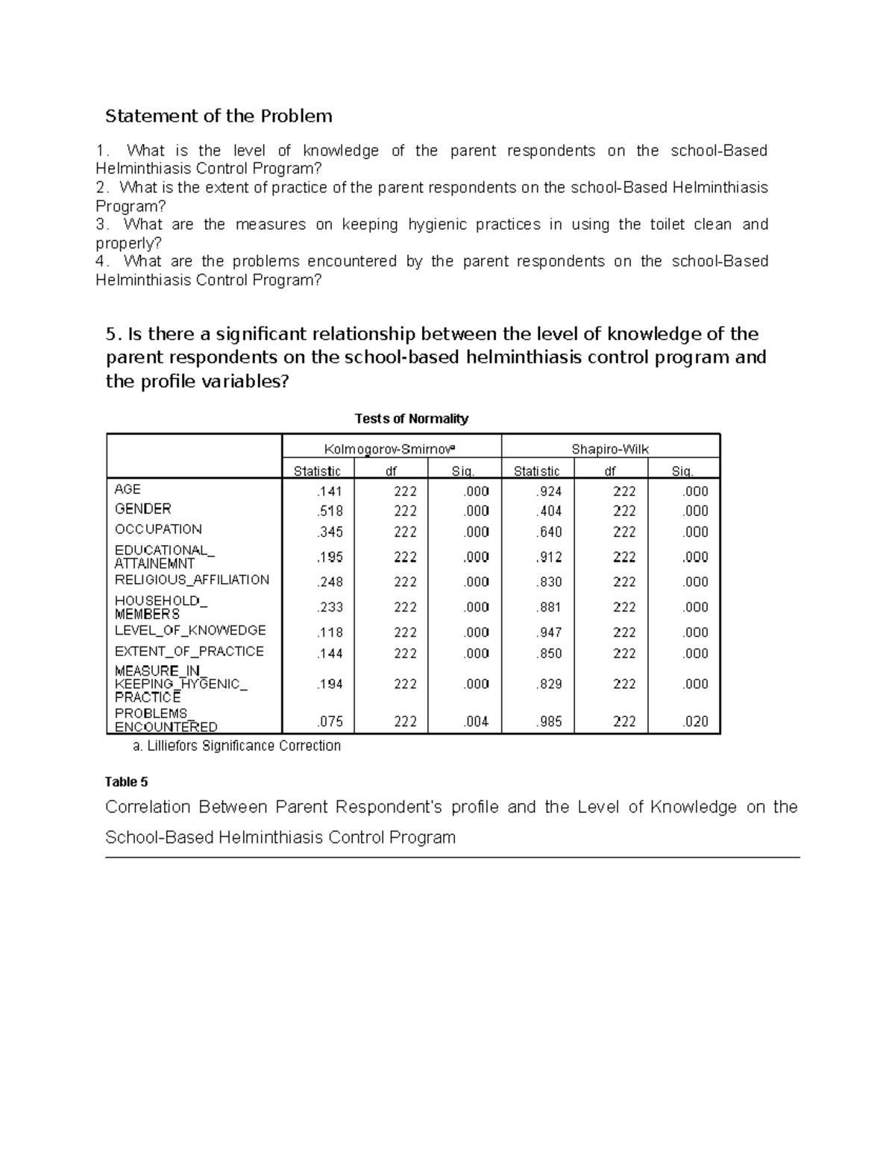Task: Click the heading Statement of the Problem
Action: tap(219, 116)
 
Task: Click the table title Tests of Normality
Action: tap(412, 419)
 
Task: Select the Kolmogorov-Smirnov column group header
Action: tap(391, 449)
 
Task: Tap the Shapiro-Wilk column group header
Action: tap(610, 449)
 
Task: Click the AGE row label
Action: tap(128, 489)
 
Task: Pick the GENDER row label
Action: tap(142, 509)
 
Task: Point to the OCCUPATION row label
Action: tap(158, 529)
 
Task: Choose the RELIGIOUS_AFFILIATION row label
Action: tap(192, 580)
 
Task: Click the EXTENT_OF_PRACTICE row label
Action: tap(189, 651)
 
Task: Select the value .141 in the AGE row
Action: tap(330, 491)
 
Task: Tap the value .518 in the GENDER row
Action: tap(330, 511)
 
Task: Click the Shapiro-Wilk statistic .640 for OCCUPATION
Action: tap(549, 532)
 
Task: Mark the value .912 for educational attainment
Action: tap(549, 557)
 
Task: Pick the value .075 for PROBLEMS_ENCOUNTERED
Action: tap(330, 722)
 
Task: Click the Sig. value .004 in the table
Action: tap(476, 722)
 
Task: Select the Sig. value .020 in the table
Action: tap(695, 722)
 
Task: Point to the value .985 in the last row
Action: tap(549, 722)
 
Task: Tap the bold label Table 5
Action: tap(127, 782)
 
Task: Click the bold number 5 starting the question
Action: tap(112, 334)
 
